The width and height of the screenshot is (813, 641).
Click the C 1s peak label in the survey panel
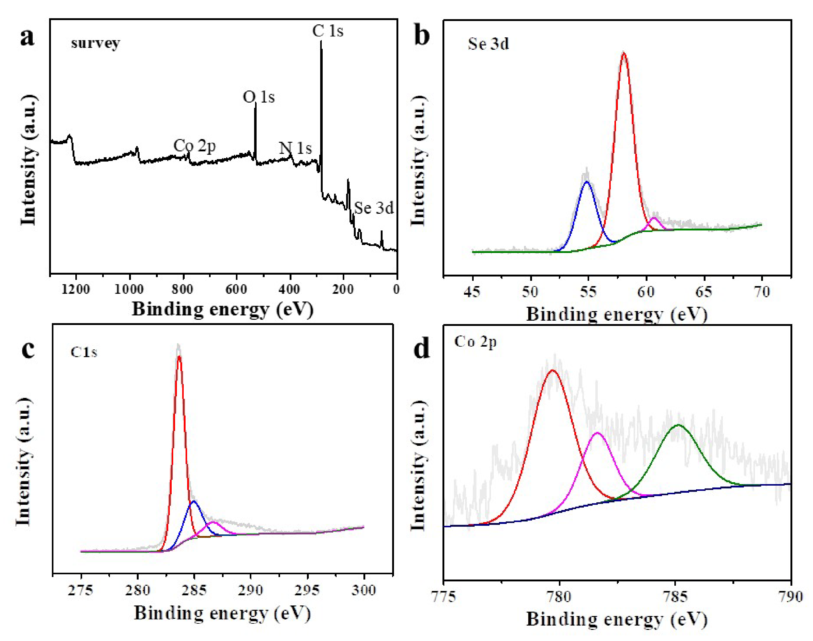[328, 31]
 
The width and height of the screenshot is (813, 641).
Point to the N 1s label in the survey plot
[295, 148]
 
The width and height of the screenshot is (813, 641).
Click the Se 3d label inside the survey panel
[374, 208]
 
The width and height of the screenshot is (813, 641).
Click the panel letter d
[421, 349]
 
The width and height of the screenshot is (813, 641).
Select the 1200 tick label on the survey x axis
[76, 289]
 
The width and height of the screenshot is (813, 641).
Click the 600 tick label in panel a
[236, 289]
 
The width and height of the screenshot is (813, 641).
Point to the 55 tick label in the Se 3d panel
[588, 292]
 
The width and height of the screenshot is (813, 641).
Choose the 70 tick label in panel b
[762, 292]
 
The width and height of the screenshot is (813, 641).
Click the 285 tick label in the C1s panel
[194, 590]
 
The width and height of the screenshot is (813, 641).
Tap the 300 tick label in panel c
[363, 590]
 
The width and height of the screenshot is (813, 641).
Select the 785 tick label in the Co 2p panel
[675, 596]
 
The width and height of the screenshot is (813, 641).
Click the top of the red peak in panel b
[624, 54]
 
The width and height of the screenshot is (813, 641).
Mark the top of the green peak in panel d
[678, 425]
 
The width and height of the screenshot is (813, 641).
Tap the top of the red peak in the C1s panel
[179, 356]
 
